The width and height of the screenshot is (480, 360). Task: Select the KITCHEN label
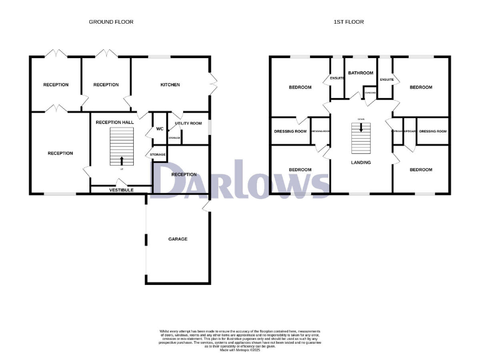[170, 84]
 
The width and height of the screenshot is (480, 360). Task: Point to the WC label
[158, 129]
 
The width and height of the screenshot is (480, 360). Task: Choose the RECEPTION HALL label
[114, 122]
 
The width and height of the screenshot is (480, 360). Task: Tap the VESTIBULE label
[121, 189]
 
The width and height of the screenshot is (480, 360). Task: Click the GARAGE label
[178, 239]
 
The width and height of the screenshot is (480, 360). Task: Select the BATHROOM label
[361, 73]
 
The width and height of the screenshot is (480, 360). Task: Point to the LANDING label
[361, 162]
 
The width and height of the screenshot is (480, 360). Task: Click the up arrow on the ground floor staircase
[121, 161]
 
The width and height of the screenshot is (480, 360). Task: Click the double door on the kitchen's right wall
[214, 80]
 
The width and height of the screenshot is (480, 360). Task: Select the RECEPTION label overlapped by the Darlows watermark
[184, 174]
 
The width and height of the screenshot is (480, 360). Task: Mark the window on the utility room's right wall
[209, 126]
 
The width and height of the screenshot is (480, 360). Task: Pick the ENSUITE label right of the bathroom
[386, 79]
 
